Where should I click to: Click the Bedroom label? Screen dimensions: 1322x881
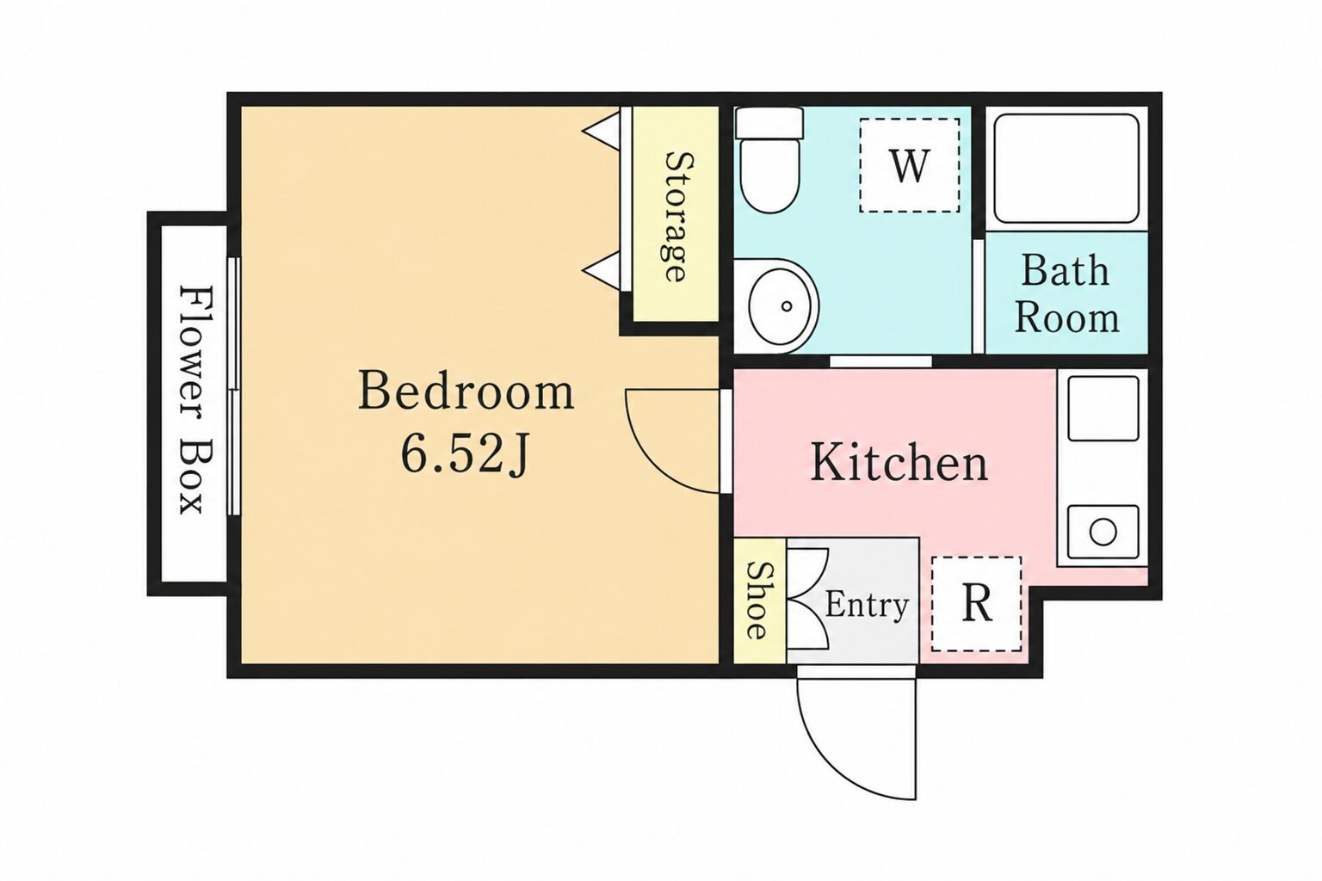pyautogui.click(x=466, y=390)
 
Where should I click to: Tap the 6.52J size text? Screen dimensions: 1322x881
pyautogui.click(x=465, y=453)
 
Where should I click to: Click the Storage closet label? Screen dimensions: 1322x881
pyautogui.click(x=676, y=216)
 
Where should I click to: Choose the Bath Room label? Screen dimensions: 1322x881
pyautogui.click(x=1066, y=293)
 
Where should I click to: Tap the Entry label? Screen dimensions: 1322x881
pyautogui.click(x=867, y=606)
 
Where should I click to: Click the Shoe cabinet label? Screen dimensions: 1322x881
pyautogui.click(x=757, y=600)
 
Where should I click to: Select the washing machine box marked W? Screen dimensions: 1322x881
pyautogui.click(x=909, y=165)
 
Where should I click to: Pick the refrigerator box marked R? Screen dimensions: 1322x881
pyautogui.click(x=977, y=604)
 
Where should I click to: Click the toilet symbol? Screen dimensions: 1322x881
pyautogui.click(x=769, y=159)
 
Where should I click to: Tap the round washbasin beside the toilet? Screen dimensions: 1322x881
pyautogui.click(x=776, y=306)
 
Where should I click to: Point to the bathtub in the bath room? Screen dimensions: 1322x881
pyautogui.click(x=1066, y=168)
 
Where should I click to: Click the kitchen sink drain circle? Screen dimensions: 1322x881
pyautogui.click(x=1103, y=533)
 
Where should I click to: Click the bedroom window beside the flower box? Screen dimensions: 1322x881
pyautogui.click(x=235, y=386)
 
